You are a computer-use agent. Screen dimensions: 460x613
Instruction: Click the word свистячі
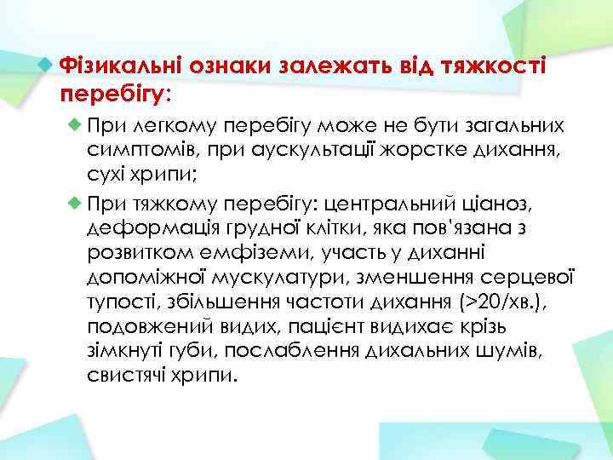click(x=129, y=376)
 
